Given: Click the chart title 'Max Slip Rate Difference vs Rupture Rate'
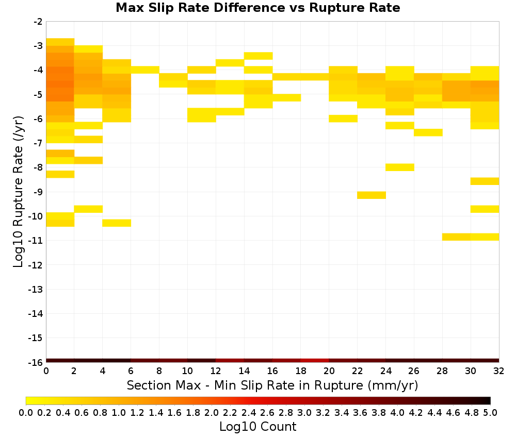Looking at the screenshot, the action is (x=257, y=8).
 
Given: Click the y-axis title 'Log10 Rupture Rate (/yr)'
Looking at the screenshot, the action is (x=19, y=192).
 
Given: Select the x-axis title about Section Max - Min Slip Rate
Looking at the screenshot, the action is (x=272, y=385).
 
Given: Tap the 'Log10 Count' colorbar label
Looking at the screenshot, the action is (x=257, y=427).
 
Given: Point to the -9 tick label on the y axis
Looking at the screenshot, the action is (x=38, y=192).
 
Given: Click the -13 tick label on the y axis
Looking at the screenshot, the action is (x=36, y=289).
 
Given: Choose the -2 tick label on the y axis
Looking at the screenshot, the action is (x=38, y=22).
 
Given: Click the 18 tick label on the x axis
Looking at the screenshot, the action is (x=301, y=371).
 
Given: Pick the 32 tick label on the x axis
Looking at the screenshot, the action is (x=499, y=371).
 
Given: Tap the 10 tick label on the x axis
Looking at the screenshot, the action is (x=187, y=371).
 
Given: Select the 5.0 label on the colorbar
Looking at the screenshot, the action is (x=490, y=412).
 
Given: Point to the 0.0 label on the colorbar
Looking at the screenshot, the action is (x=26, y=412).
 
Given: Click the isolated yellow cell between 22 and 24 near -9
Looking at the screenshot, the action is (x=372, y=195).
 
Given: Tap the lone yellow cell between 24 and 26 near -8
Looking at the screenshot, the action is (x=400, y=167).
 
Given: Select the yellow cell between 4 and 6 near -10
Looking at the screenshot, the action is (x=117, y=223).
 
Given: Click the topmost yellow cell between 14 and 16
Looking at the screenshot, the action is (x=259, y=56).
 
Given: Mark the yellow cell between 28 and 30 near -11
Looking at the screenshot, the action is (x=457, y=237).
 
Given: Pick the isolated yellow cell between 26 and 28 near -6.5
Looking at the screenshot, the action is (x=428, y=132).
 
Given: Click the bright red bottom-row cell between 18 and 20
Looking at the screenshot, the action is (x=315, y=361).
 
